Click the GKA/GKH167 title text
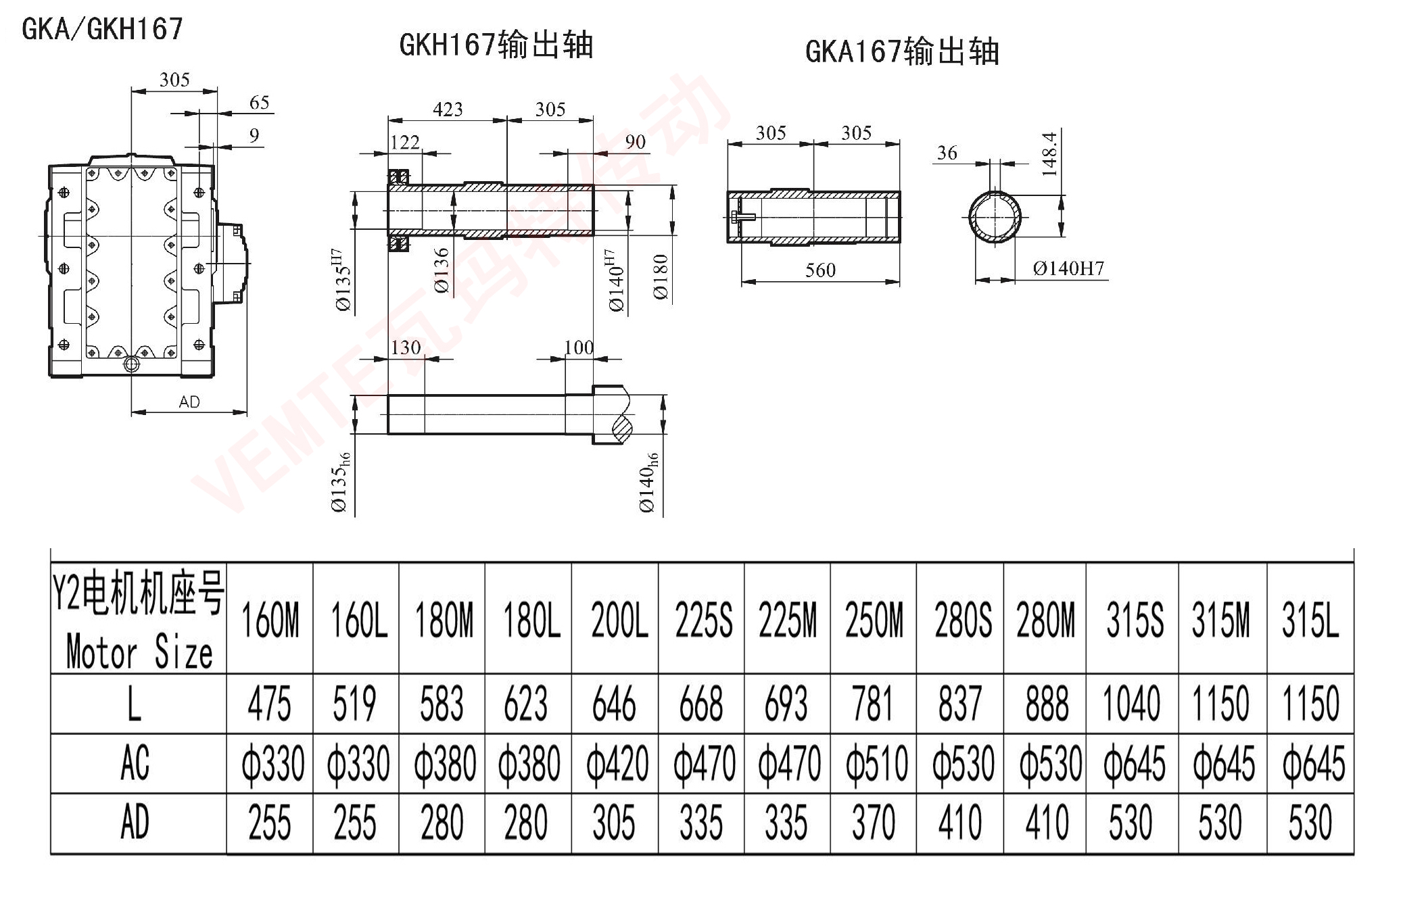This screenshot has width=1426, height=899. (103, 29)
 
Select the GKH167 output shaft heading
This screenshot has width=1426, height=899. (496, 46)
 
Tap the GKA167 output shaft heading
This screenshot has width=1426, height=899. (902, 51)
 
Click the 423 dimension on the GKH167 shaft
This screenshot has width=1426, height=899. (448, 110)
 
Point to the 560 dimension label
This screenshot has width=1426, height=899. (820, 270)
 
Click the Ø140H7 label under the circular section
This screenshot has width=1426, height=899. (1068, 269)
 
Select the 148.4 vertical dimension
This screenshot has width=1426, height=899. (1049, 154)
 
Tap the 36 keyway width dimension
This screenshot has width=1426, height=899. (947, 153)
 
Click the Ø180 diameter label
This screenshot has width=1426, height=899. (661, 277)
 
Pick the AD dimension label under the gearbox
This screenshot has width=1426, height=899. (189, 402)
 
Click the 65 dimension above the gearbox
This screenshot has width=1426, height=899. (260, 103)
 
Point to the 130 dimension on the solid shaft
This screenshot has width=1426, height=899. (406, 347)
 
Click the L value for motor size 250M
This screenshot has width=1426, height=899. (873, 703)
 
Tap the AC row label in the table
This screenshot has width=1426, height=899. (135, 763)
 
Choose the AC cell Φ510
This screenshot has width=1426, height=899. (876, 764)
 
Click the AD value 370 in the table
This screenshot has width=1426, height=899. (873, 823)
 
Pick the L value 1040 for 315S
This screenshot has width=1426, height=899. (1131, 703)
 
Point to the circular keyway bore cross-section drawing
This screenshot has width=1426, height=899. (995, 218)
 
